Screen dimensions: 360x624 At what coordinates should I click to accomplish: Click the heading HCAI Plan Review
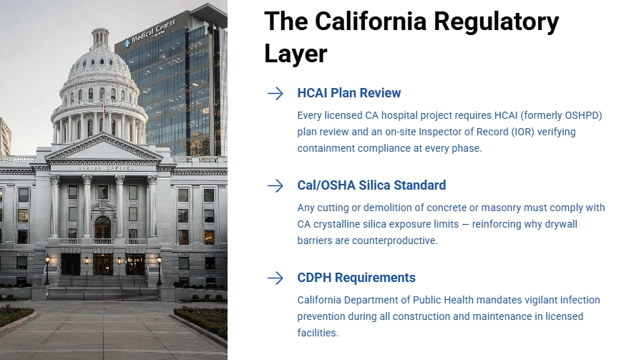pos(348,93)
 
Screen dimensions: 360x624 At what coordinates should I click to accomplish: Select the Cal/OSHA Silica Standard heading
pos(371,185)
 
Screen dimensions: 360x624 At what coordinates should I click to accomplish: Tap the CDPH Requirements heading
pos(356,278)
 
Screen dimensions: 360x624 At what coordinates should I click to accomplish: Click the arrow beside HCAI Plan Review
pos(276,94)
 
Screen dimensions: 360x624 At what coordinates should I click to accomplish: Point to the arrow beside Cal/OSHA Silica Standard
pos(276,186)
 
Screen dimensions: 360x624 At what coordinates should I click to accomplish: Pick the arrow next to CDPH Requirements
pos(276,278)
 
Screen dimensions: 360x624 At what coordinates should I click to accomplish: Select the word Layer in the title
pos(296,53)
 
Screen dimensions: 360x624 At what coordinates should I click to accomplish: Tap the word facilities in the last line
pos(318,333)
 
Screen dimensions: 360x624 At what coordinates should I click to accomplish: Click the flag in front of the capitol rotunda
pos(104,110)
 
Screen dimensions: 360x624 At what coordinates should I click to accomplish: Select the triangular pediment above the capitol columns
pos(102,149)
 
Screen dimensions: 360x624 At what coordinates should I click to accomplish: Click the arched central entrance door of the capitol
pos(102,228)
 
